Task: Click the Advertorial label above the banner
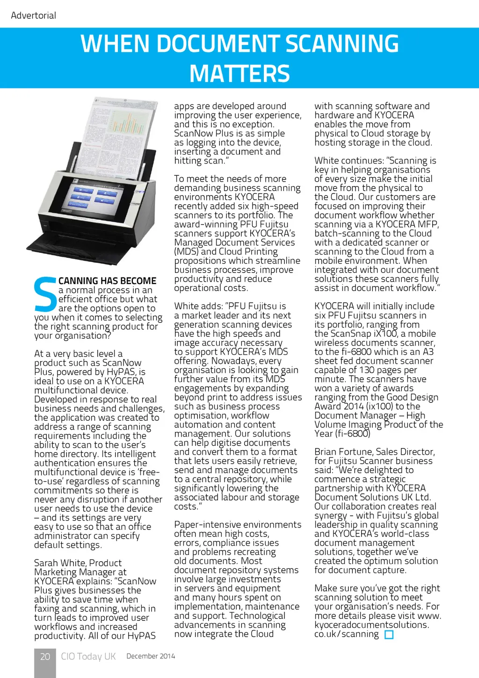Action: pos(33,15)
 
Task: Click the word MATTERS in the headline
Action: pos(239,74)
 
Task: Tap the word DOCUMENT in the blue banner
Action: pos(218,44)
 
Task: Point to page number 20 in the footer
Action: pos(45,656)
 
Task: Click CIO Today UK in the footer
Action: pos(88,656)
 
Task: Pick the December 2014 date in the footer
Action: pos(151,656)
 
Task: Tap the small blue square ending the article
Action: pos(389,635)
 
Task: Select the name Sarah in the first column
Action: pos(47,563)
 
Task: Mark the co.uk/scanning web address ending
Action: pos(347,634)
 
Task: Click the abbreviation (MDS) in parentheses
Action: pos(186,252)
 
